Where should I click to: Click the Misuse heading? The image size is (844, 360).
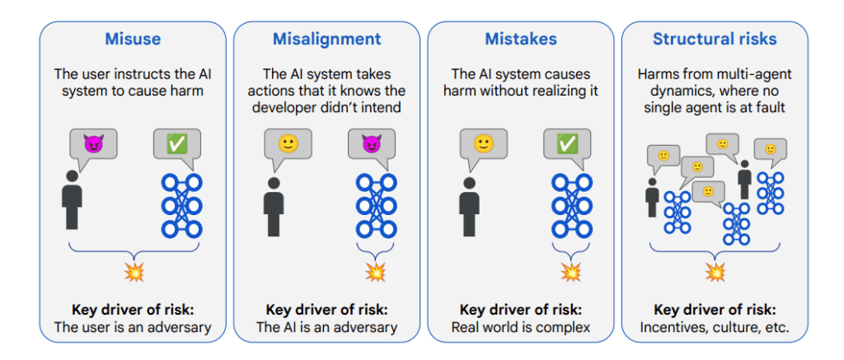click(x=133, y=39)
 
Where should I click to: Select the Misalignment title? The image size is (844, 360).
click(x=326, y=40)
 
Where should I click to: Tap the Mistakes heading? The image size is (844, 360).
click(x=521, y=39)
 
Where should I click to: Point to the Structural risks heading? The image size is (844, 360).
click(x=715, y=39)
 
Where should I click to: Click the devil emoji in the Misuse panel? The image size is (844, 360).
click(x=92, y=143)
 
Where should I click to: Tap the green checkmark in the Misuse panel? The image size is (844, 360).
click(x=176, y=143)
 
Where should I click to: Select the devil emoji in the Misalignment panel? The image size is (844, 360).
click(x=371, y=143)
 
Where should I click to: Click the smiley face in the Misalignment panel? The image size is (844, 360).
click(x=287, y=143)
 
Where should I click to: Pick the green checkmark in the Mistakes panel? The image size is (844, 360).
click(x=566, y=143)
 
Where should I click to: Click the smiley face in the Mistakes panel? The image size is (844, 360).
click(x=482, y=143)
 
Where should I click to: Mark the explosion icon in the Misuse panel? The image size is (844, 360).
click(x=134, y=273)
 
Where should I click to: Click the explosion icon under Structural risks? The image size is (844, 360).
click(x=715, y=273)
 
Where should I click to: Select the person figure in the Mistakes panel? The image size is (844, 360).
click(x=468, y=207)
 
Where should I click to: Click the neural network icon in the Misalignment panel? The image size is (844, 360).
click(x=376, y=206)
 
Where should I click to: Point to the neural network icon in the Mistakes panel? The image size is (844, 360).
click(x=572, y=206)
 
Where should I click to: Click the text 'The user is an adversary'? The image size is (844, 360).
click(x=133, y=327)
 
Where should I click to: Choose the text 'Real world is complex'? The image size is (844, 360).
click(x=521, y=327)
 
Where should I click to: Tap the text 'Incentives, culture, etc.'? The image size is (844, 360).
click(x=715, y=327)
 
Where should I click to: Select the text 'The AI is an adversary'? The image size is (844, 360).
click(x=326, y=327)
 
